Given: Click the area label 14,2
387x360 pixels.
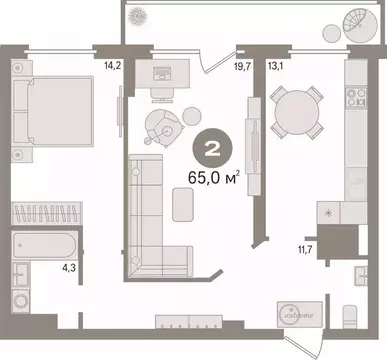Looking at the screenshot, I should point(99,69).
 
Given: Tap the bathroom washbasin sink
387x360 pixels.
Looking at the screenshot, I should point(21,275).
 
